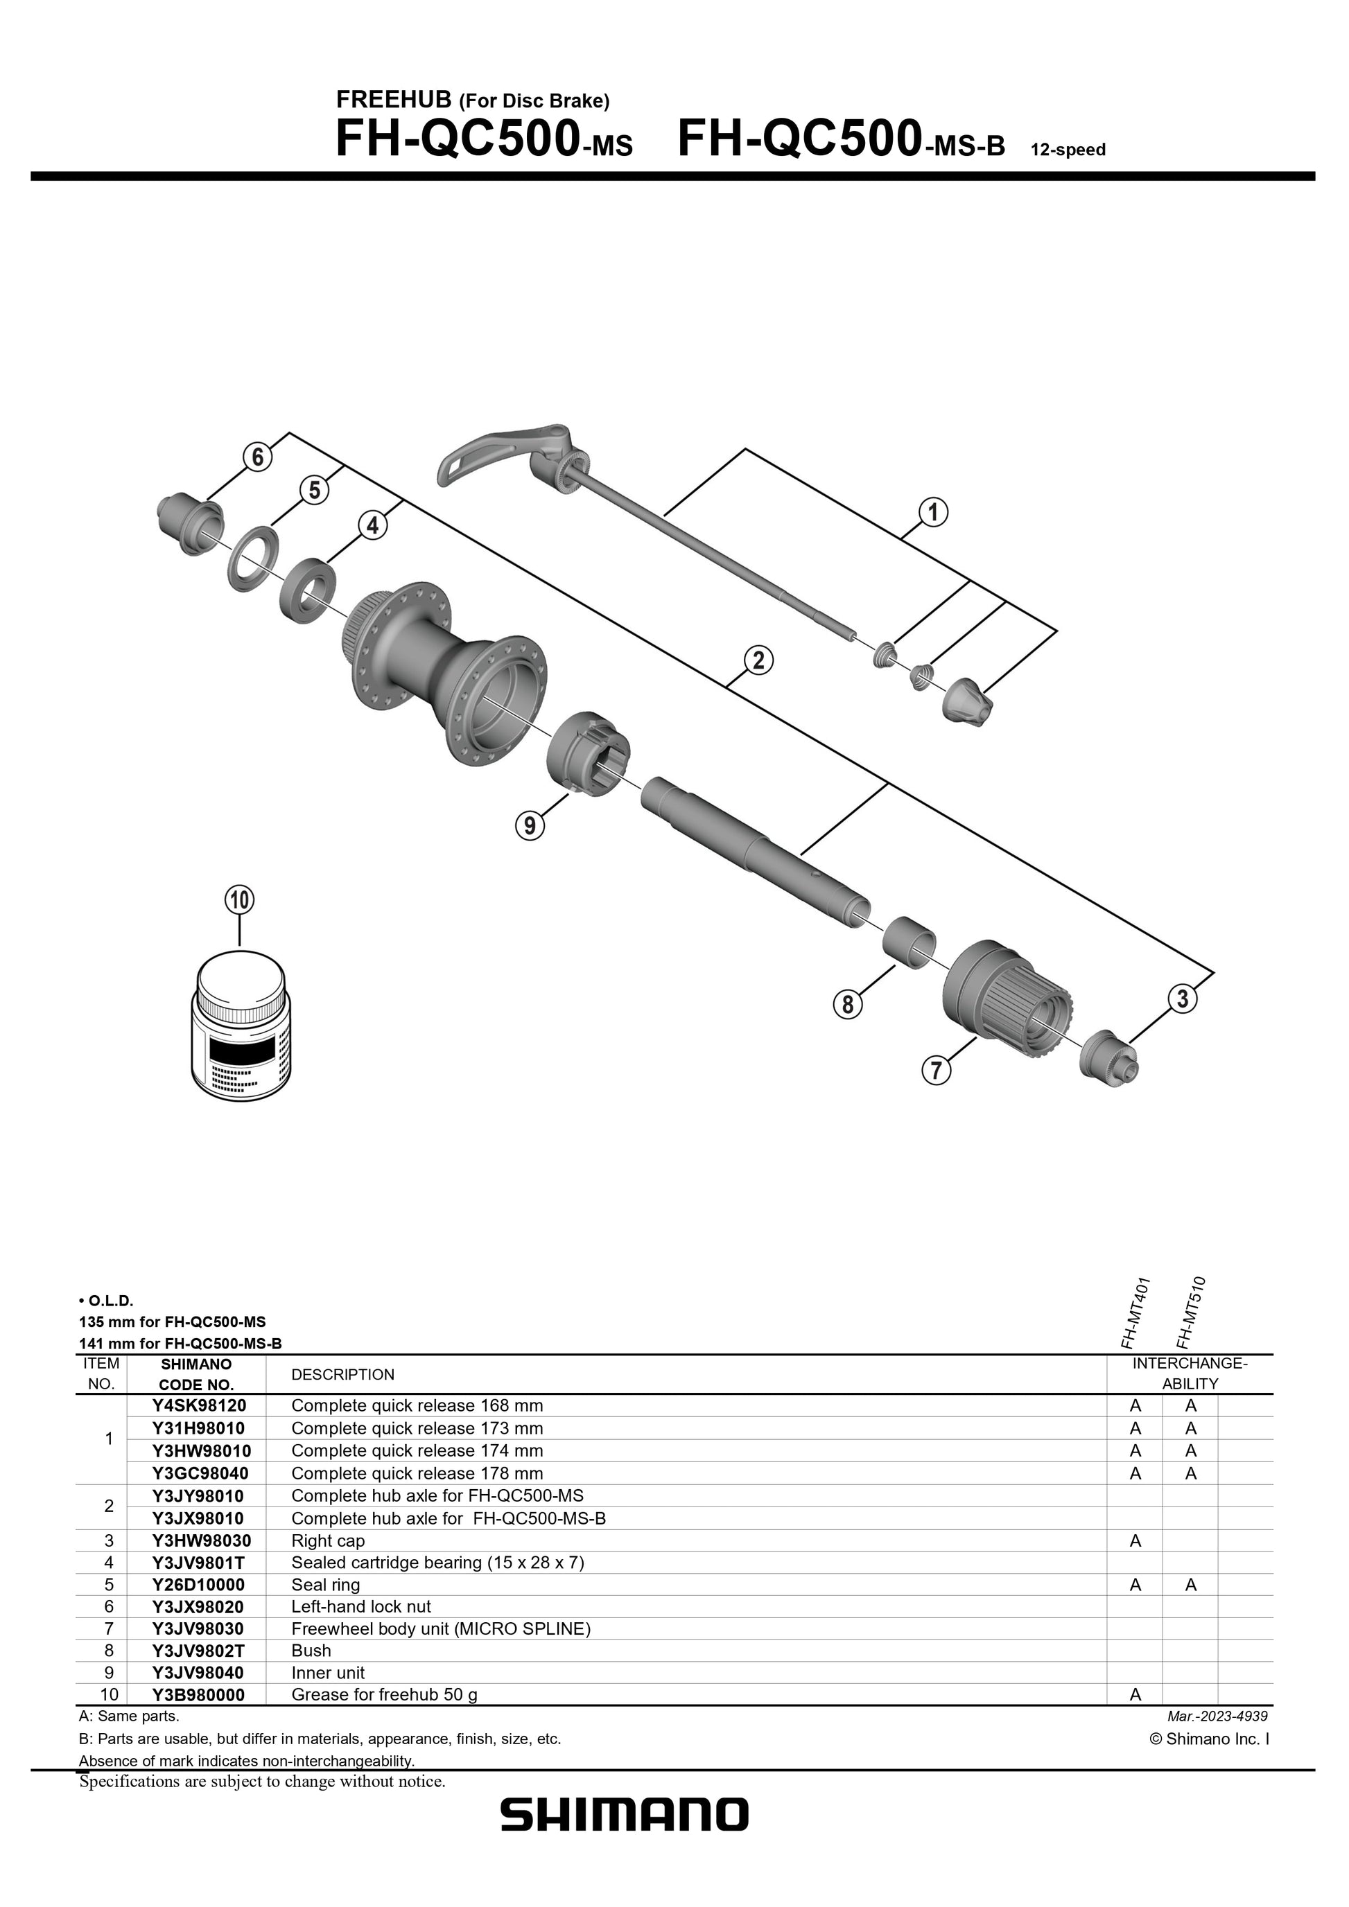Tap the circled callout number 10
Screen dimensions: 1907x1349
pos(239,899)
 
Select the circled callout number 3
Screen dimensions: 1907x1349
pos(1183,999)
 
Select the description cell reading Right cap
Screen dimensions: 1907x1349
pos(328,1540)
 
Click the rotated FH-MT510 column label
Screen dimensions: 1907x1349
pos(1190,1313)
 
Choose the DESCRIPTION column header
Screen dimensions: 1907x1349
pos(342,1375)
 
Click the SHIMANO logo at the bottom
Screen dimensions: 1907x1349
pos(624,1838)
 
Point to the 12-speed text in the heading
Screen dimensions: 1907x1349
pos(1068,150)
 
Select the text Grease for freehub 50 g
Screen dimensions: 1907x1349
pos(384,1694)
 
